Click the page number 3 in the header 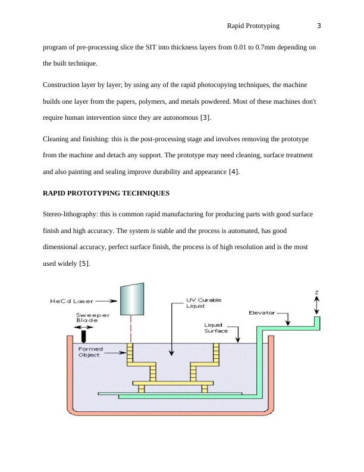[x=319, y=26]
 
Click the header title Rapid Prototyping [x=253, y=26]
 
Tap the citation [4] [x=234, y=173]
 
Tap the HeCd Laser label [x=68, y=302]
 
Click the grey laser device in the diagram [x=131, y=299]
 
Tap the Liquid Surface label [x=217, y=327]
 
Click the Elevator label [x=262, y=312]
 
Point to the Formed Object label [x=91, y=352]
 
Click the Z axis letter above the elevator [x=316, y=293]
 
